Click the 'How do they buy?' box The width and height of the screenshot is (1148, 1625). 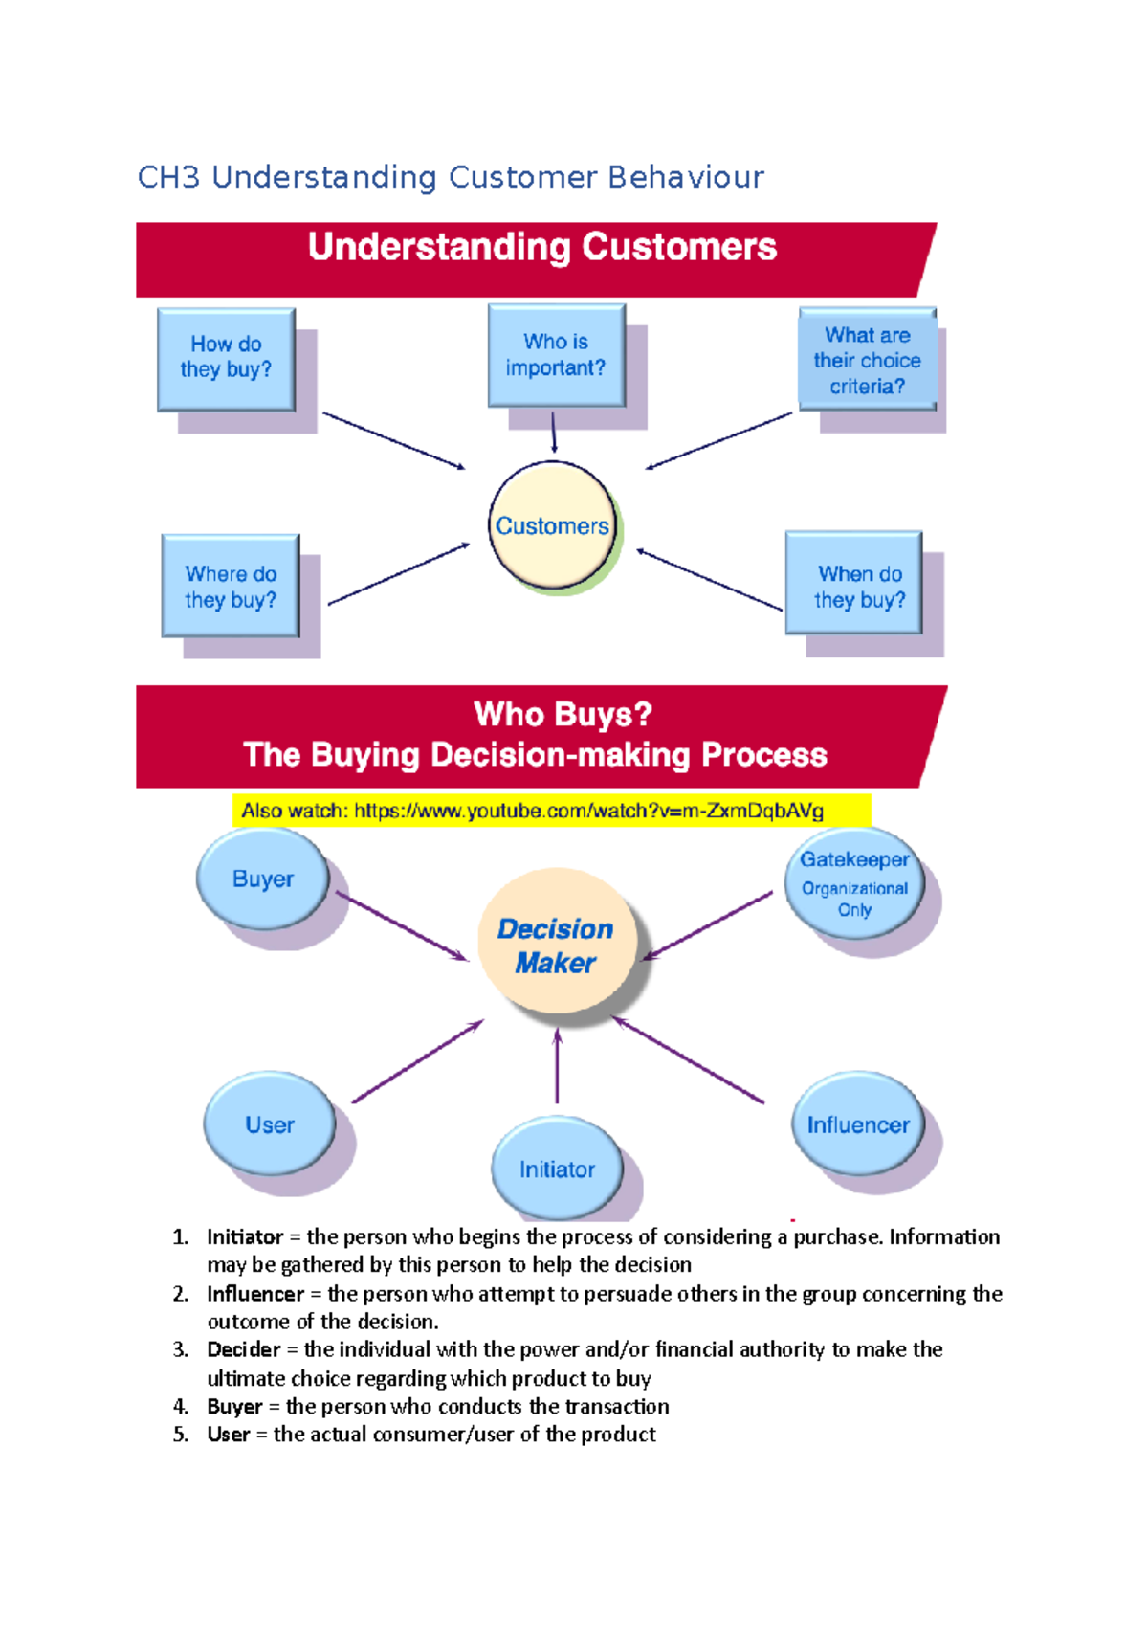click(x=226, y=359)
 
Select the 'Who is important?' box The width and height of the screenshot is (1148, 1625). click(x=556, y=355)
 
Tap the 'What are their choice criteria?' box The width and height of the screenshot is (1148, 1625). click(x=867, y=360)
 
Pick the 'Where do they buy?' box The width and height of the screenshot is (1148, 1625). click(x=231, y=586)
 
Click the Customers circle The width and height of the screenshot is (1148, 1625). click(x=552, y=525)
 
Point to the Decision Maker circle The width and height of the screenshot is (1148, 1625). click(x=557, y=943)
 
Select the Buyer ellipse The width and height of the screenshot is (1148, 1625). click(x=262, y=879)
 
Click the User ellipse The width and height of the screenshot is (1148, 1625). click(x=270, y=1124)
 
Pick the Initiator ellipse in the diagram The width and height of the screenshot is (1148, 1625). click(x=557, y=1169)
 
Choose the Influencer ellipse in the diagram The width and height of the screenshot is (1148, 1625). click(x=858, y=1124)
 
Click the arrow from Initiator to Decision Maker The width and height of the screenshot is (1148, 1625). click(x=557, y=1067)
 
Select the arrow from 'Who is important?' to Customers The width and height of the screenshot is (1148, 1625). click(x=554, y=433)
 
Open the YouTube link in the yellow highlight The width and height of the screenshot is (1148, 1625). click(x=587, y=811)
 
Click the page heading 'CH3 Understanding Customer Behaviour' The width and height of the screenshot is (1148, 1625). click(x=451, y=177)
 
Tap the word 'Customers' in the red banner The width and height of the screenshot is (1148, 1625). click(x=679, y=247)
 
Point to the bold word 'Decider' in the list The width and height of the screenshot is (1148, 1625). click(x=244, y=1349)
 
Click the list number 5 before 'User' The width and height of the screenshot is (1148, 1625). click(x=181, y=1435)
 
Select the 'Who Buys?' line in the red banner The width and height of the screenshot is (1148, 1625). click(x=563, y=714)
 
